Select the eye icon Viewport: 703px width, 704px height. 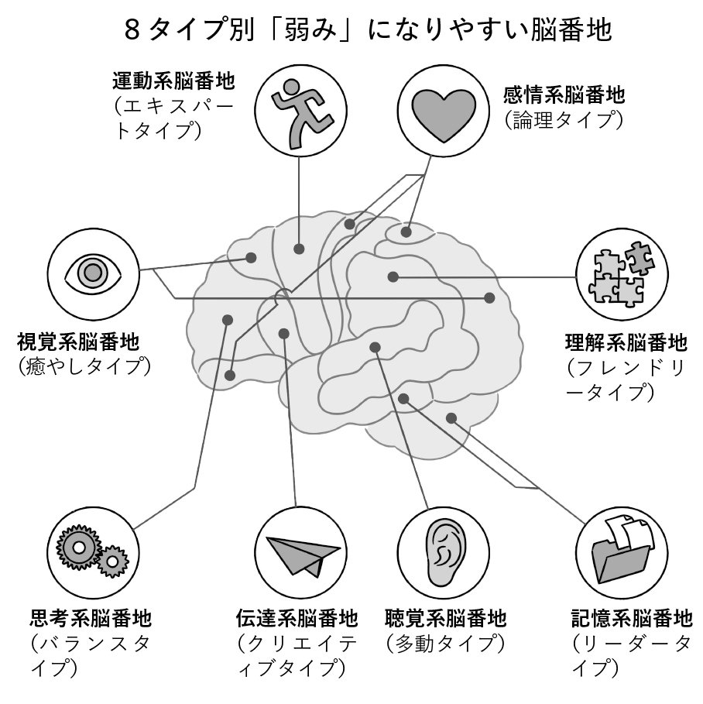click(93, 273)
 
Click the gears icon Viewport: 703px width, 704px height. click(92, 551)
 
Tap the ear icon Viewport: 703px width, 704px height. click(444, 553)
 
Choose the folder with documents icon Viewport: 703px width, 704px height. click(622, 549)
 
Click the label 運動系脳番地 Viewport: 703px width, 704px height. click(173, 81)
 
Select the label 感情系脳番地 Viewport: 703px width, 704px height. click(564, 94)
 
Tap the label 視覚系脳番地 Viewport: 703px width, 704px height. click(78, 342)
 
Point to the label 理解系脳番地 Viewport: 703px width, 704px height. click(626, 343)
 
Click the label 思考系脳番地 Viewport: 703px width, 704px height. click(91, 618)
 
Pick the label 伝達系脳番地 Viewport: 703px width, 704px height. click(297, 618)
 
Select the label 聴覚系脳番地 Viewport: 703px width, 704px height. click(446, 618)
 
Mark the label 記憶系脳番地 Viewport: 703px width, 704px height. click(632, 618)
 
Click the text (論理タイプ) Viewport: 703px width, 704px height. click(564, 120)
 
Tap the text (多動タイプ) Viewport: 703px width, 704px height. click(446, 644)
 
